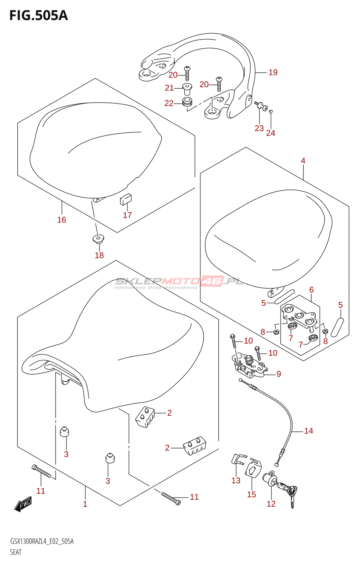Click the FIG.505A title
[38, 16]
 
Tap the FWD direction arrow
[23, 504]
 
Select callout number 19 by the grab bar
[273, 72]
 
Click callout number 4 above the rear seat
[303, 161]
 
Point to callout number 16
[62, 220]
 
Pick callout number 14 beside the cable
[308, 431]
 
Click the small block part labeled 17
[126, 200]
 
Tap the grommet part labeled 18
[98, 239]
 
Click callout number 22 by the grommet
[169, 103]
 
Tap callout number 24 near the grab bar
[270, 133]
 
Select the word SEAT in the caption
[16, 552]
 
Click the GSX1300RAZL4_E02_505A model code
[42, 541]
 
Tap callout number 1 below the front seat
[85, 504]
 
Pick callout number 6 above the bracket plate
[311, 290]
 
